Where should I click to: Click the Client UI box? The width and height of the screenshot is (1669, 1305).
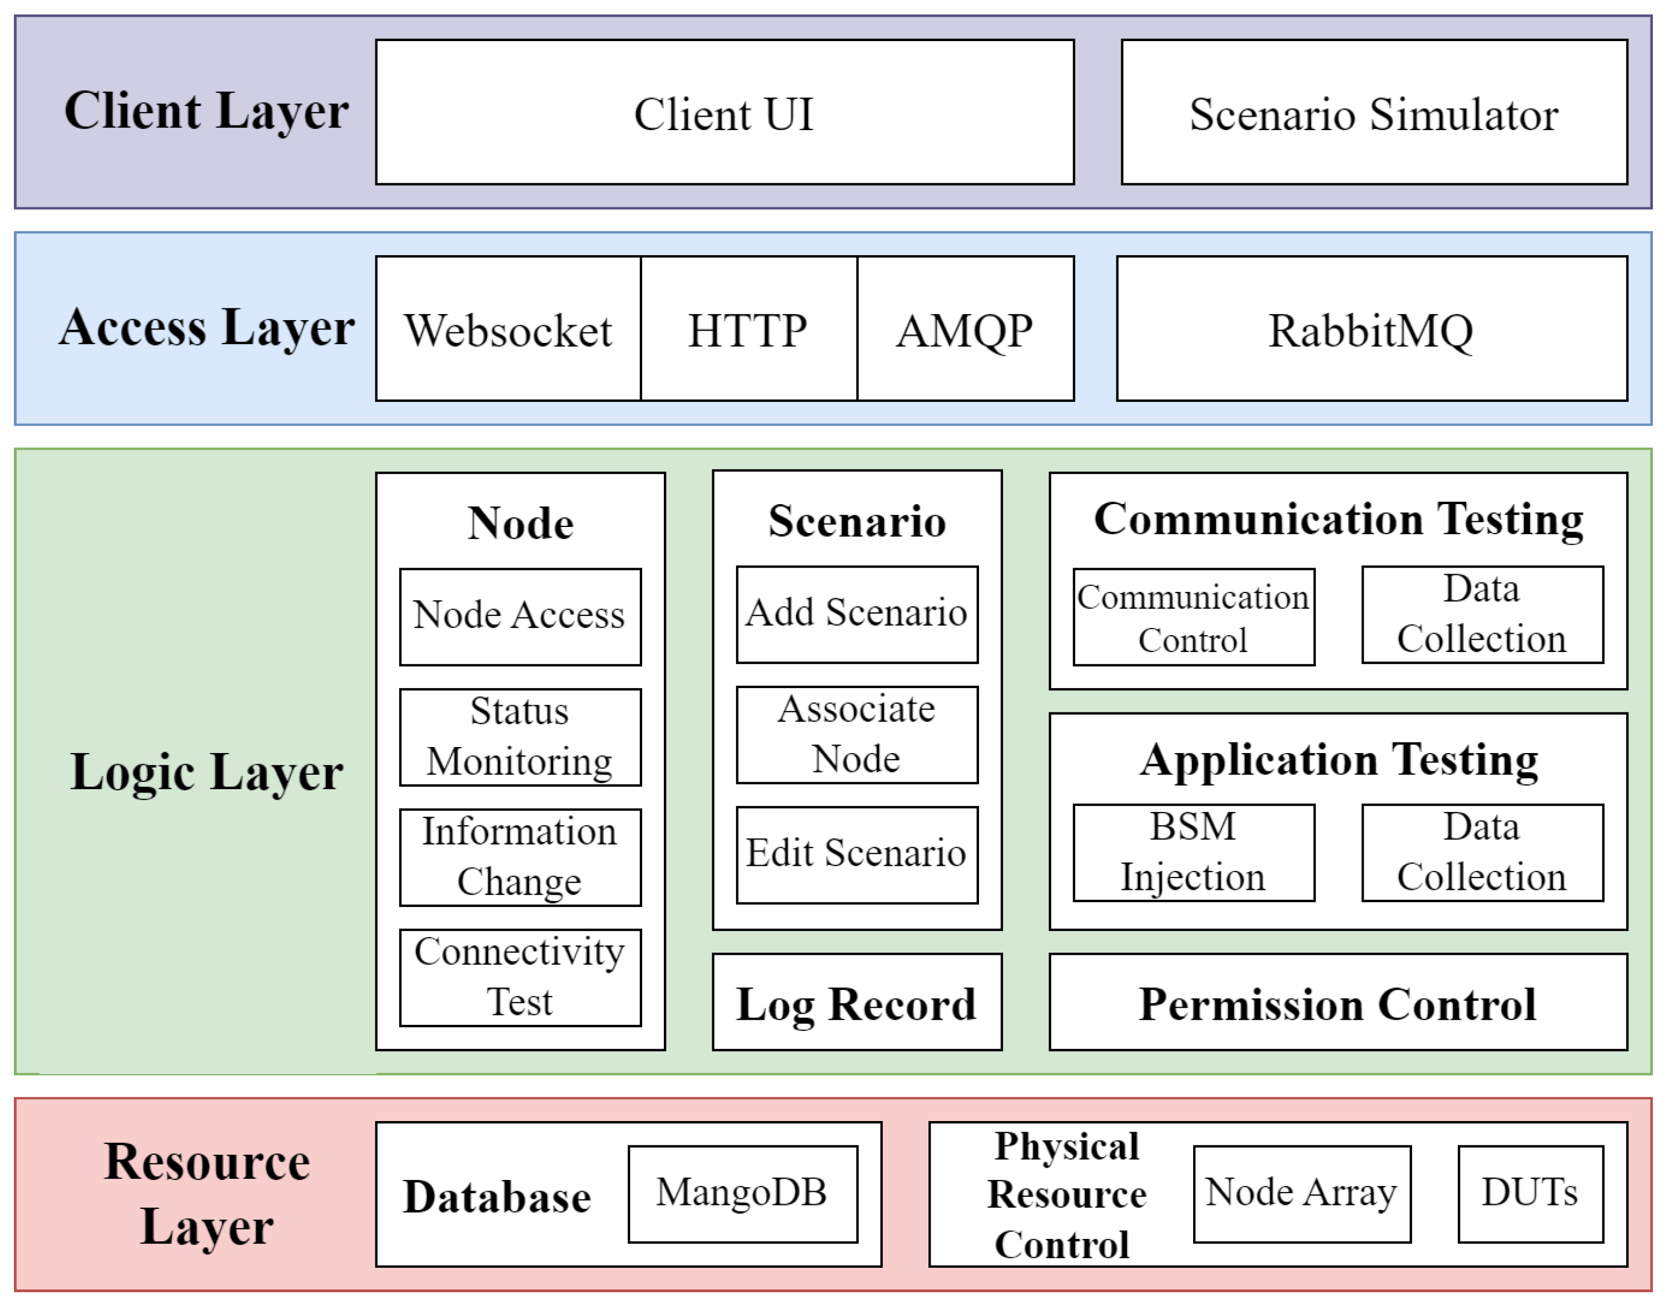(724, 112)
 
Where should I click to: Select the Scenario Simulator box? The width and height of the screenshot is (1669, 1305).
(1373, 112)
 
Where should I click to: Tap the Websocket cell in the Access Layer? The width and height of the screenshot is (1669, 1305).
(508, 328)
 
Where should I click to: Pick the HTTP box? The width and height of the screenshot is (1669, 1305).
(748, 328)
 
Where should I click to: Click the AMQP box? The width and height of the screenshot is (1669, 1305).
(965, 328)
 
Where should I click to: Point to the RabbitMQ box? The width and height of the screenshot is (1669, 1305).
(1371, 328)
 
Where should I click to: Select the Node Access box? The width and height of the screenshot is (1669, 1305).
(520, 616)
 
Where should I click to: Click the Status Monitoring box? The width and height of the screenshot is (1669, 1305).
(520, 736)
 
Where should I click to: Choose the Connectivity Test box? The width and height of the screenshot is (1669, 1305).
(520, 977)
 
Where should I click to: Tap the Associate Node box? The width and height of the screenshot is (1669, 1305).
(857, 734)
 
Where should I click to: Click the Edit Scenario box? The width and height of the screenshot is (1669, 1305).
(857, 854)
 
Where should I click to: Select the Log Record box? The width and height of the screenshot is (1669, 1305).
(857, 1002)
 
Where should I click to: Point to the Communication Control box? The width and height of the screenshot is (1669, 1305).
(1193, 616)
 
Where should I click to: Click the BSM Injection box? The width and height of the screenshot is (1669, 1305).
(1193, 852)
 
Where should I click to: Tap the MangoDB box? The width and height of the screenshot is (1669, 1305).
(742, 1193)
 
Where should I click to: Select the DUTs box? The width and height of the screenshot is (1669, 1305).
(1530, 1193)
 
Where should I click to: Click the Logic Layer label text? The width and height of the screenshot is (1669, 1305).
(206, 771)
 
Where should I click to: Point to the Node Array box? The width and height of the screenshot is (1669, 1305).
(1302, 1193)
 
